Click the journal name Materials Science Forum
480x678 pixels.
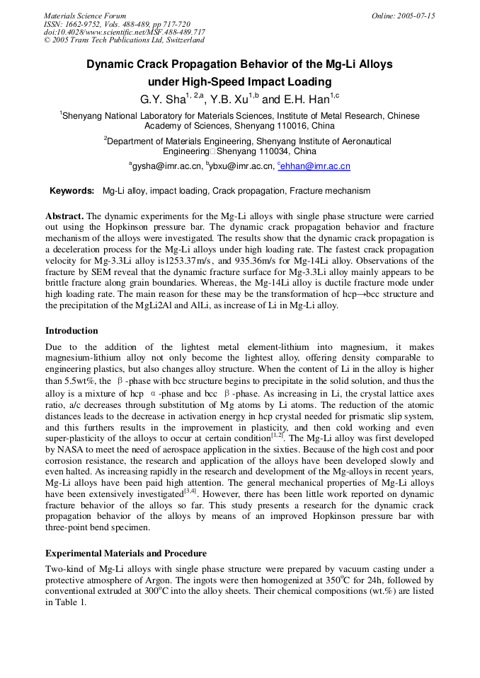85,16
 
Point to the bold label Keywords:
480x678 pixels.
72,191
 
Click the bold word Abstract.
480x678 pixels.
64,215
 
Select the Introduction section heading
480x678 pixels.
72,331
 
